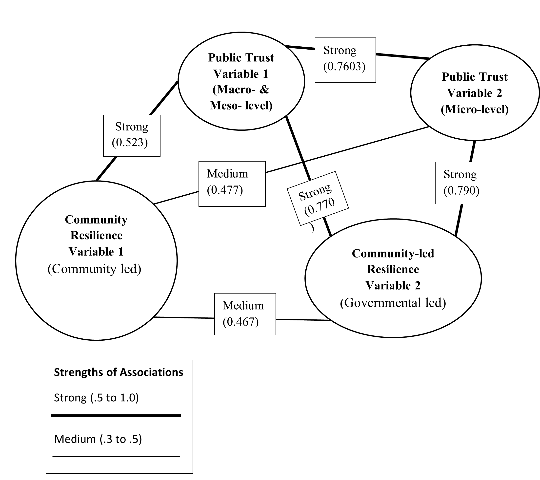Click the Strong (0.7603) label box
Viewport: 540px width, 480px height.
345,60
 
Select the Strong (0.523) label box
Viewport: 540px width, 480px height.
132,136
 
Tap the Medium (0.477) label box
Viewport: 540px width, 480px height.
232,184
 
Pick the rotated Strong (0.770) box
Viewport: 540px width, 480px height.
318,199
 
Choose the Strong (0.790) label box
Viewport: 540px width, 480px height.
462,183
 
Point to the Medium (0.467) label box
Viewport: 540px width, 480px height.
245,314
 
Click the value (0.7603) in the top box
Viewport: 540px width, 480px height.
344,67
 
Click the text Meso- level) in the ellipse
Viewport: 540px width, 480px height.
241,106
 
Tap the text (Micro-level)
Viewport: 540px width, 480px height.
475,110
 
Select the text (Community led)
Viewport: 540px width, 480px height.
94,269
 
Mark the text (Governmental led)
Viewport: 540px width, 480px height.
393,303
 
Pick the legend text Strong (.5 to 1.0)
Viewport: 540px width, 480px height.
96,398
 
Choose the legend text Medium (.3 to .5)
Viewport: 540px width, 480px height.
98,439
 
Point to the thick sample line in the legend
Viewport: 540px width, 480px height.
116,416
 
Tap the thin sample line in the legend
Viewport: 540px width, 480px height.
116,456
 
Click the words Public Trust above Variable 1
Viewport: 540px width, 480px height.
241,58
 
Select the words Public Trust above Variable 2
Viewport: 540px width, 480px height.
475,77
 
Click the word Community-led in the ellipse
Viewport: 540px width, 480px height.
393,254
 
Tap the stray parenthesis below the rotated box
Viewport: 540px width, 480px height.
313,228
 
